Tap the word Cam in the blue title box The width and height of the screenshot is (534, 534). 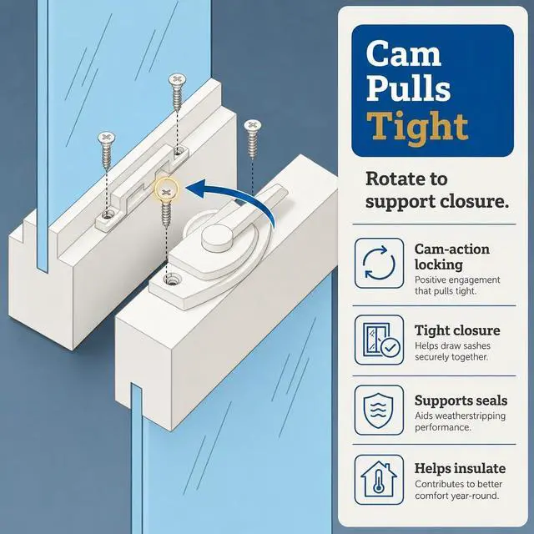pyautogui.click(x=404, y=53)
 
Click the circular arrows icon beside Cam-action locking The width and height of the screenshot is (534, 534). pyautogui.click(x=379, y=263)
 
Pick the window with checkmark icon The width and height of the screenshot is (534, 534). pyautogui.click(x=379, y=340)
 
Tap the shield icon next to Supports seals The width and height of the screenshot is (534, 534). pyautogui.click(x=379, y=410)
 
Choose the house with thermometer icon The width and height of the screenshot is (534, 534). pyautogui.click(x=379, y=480)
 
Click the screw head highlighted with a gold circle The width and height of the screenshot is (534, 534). pyautogui.click(x=166, y=193)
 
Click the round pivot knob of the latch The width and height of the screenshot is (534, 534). pyautogui.click(x=217, y=236)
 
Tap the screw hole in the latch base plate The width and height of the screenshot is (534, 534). pyautogui.click(x=170, y=280)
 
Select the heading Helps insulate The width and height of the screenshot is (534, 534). pyautogui.click(x=460, y=469)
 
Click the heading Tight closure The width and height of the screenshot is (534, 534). pyautogui.click(x=457, y=330)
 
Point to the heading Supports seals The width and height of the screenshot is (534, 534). pyautogui.click(x=461, y=400)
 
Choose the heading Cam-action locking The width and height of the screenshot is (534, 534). pyautogui.click(x=452, y=257)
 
